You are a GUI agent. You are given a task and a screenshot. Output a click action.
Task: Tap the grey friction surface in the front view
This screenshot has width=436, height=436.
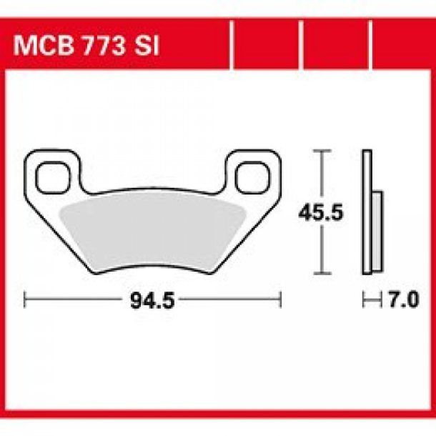coord(152,229)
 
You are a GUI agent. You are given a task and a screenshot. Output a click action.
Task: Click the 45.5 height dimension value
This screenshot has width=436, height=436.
coord(314,213)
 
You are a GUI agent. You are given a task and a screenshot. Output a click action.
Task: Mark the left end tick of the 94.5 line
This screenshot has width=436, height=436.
coord(26,300)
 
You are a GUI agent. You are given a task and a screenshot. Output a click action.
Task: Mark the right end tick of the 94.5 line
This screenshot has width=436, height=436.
coord(281,300)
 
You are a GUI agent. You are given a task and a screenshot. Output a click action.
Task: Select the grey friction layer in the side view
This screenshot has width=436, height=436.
coord(377,232)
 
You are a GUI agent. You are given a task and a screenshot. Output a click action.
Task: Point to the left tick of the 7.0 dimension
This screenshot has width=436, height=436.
coord(363,301)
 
